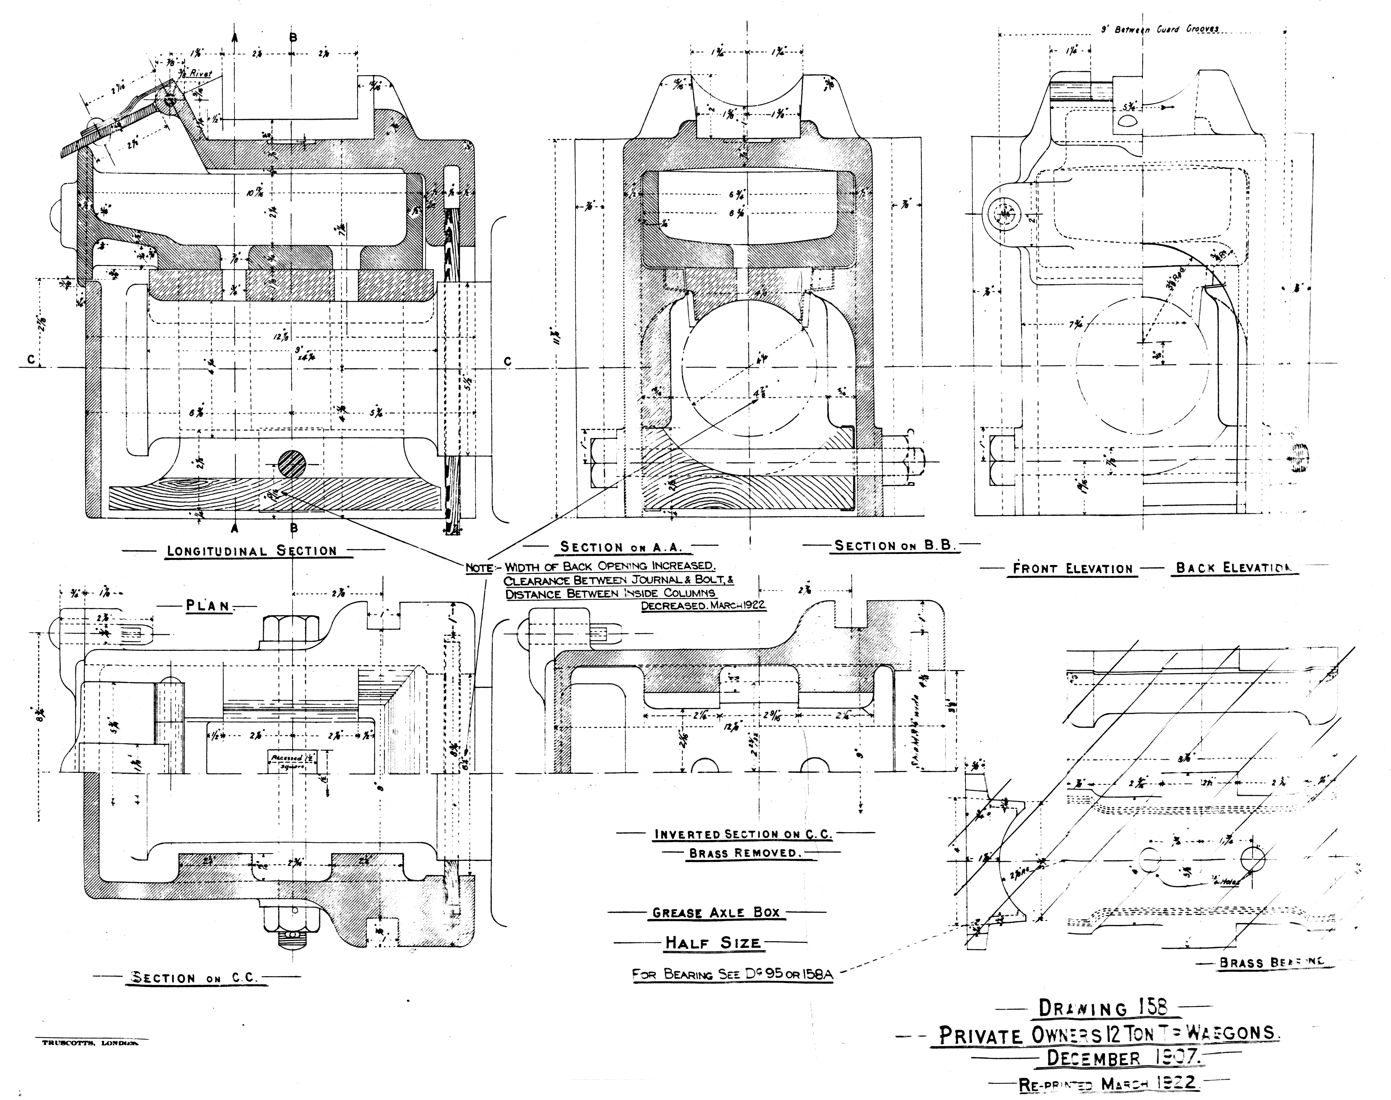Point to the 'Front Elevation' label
coord(1072,569)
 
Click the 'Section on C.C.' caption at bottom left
coord(195,978)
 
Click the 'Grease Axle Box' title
coord(716,913)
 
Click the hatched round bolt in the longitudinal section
coord(293,462)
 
